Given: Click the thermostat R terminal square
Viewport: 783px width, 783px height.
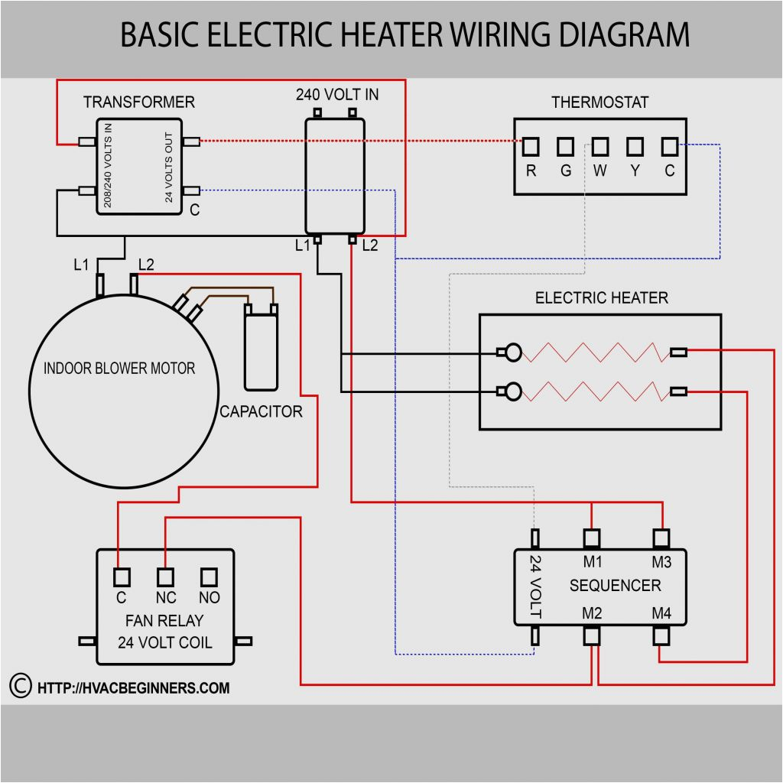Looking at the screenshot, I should point(531,145).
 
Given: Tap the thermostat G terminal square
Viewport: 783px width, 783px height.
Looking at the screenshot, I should point(566,145).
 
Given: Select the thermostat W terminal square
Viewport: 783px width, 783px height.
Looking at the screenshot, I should point(600,145).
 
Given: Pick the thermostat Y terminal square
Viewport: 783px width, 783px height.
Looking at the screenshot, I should point(635,145).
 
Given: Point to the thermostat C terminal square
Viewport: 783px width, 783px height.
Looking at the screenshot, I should point(670,145).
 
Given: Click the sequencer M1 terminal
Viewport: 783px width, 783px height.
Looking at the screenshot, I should point(593,538).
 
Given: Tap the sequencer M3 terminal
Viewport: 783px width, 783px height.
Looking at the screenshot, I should point(661,538).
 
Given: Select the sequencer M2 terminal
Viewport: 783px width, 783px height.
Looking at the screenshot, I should point(593,635).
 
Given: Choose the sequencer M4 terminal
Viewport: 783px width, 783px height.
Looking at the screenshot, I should point(661,635).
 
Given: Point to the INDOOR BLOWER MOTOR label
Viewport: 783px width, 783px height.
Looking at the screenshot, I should point(119,369).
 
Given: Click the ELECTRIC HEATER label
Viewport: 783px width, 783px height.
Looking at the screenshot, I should point(601,297).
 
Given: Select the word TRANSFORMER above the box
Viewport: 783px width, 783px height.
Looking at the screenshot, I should point(138,102).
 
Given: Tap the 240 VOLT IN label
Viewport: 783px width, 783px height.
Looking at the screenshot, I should point(337,95).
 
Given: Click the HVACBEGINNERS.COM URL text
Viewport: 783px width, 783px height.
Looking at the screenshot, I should point(133,687).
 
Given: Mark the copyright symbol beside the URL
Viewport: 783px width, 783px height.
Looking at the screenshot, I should point(20,686).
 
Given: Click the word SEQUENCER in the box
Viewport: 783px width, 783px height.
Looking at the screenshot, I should point(615,586).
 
